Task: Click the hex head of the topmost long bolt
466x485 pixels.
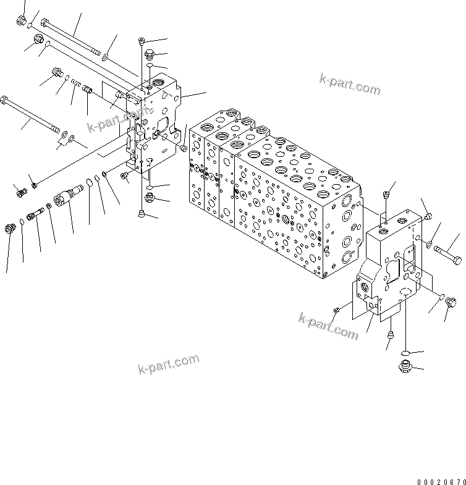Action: tap(45, 23)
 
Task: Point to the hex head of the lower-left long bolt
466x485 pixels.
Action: tap(6, 100)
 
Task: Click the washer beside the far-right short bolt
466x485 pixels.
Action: tap(426, 246)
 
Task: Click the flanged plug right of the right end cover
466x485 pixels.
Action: tap(449, 303)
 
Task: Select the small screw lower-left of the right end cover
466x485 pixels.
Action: tap(337, 310)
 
